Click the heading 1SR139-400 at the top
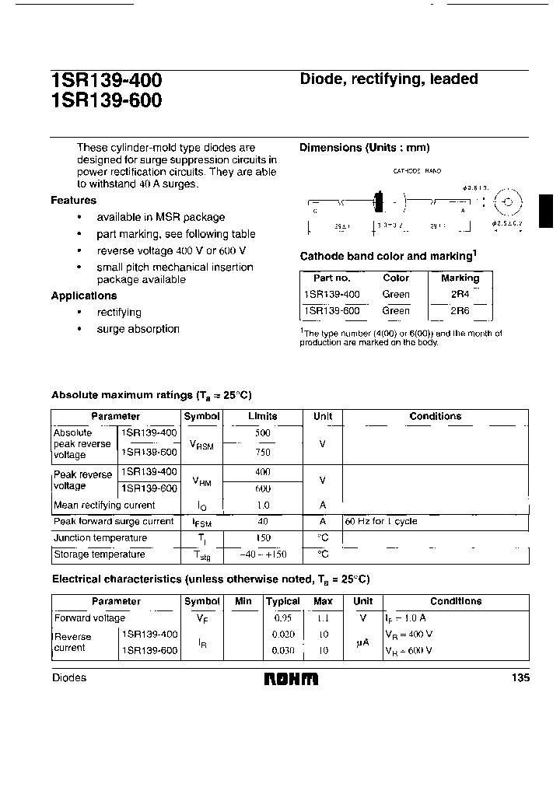pos(106,80)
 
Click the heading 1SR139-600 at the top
pos(106,100)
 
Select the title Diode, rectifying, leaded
pos(389,79)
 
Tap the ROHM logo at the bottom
pos(292,679)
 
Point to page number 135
pos(520,678)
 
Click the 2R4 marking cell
pos(460,295)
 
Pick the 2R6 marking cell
pos(460,311)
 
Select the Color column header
pos(396,278)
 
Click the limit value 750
pos(262,452)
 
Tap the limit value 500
pos(262,433)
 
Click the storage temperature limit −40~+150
pos(262,554)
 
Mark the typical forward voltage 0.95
pos(282,618)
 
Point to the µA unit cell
pos(362,642)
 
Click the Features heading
pos(74,201)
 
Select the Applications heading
pos(84,296)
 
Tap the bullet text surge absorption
pos(138,329)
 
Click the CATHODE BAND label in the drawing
pos(417,171)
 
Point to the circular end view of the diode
pos(508,203)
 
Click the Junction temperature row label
pos(100,538)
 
